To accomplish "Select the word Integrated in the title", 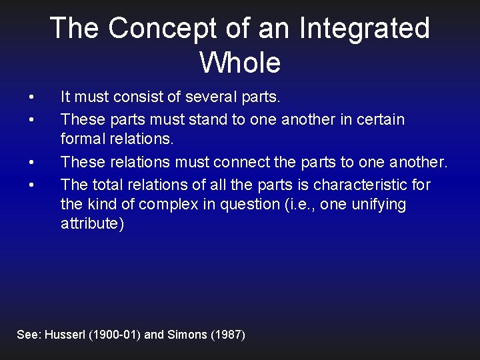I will click(365, 28).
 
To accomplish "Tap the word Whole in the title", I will click(240, 62).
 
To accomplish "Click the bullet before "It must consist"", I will click(32, 97).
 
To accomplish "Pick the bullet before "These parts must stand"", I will click(32, 120).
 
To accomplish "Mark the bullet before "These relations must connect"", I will click(32, 162).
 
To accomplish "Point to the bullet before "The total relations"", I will click(32, 184).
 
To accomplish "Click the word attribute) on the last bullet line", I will click(92, 224).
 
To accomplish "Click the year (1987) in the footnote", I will click(228, 335).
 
